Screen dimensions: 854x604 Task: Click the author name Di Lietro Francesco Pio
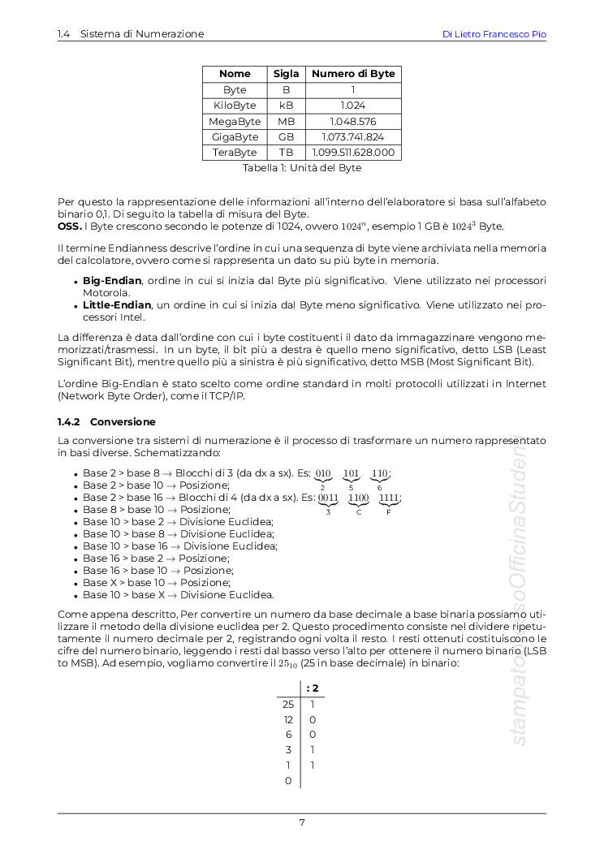(x=494, y=34)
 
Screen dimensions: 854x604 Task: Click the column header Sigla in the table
(x=286, y=74)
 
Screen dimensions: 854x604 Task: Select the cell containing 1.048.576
(x=353, y=121)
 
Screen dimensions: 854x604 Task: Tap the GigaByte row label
(x=235, y=137)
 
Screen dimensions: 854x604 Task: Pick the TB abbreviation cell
(x=286, y=153)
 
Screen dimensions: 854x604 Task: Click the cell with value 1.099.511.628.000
(x=353, y=153)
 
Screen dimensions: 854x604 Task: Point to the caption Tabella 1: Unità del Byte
(x=302, y=168)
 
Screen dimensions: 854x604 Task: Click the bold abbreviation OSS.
(x=70, y=226)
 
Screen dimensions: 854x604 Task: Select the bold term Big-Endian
(x=107, y=281)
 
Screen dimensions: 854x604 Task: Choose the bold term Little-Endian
(x=117, y=304)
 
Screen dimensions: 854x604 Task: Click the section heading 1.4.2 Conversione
(x=106, y=422)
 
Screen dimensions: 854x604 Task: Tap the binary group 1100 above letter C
(x=358, y=498)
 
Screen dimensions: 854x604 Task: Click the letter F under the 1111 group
(x=389, y=512)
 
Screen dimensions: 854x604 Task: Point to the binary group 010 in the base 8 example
(x=323, y=473)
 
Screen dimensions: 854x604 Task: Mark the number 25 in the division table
(x=287, y=705)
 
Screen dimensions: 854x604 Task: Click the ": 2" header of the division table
(x=313, y=688)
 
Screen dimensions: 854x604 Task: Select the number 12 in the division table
(x=287, y=720)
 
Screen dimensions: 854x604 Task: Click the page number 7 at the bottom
(x=302, y=822)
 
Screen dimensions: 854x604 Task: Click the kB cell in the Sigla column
(x=286, y=106)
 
